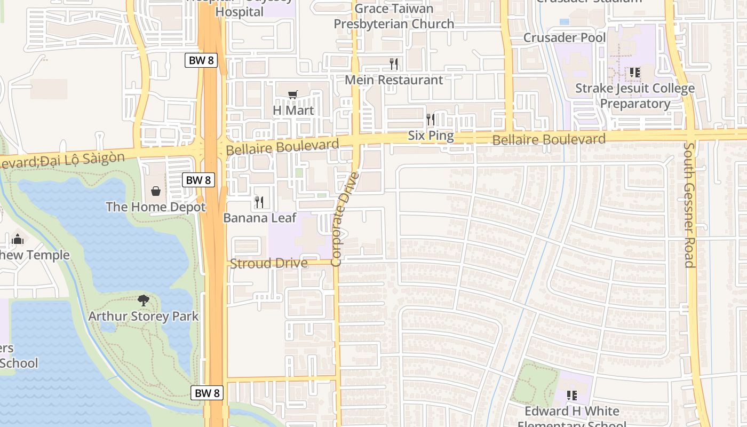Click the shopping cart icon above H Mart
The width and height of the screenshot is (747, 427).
(x=292, y=94)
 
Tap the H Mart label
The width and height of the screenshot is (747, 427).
(x=293, y=110)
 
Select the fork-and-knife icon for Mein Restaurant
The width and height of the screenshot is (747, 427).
(x=394, y=64)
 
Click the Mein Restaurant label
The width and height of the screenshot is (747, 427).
(x=394, y=80)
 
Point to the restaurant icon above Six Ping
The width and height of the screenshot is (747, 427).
(x=431, y=119)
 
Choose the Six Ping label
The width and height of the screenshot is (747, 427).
(x=431, y=136)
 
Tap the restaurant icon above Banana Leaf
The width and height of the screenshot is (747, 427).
(x=259, y=202)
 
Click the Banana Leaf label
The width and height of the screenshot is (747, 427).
(x=259, y=218)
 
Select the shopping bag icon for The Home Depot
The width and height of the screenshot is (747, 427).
(x=155, y=191)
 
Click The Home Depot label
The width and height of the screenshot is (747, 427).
(x=156, y=207)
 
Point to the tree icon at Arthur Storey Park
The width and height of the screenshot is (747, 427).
(x=143, y=300)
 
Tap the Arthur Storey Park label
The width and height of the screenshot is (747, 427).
(x=143, y=316)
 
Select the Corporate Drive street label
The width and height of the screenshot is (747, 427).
(x=345, y=219)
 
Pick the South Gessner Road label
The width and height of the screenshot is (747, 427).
(x=689, y=204)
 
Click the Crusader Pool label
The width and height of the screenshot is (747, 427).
(x=565, y=38)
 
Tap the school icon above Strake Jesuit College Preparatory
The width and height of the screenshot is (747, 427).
(x=634, y=72)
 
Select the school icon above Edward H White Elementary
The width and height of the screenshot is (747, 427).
(x=571, y=396)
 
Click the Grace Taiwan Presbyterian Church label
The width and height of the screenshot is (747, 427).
(x=394, y=16)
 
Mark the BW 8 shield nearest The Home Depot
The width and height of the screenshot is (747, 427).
(x=198, y=180)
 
